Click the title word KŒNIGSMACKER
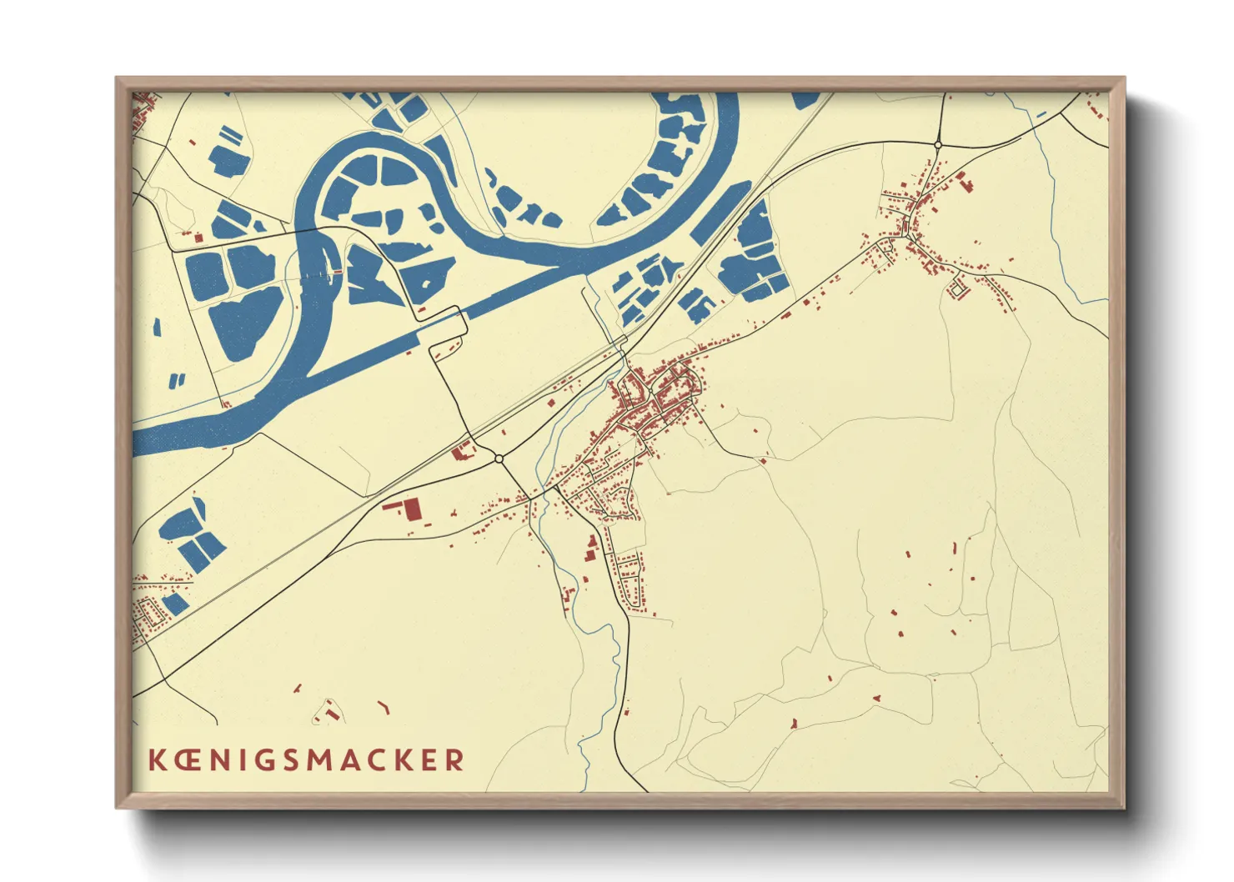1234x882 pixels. coord(306,759)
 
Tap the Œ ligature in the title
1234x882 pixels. coord(187,759)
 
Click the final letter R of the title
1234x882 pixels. coord(454,759)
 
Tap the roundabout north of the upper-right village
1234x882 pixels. coord(938,145)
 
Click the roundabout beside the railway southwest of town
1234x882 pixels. coord(499,459)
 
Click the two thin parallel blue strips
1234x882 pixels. coord(231,134)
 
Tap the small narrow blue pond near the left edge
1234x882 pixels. coord(156,327)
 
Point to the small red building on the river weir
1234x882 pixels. coord(338,272)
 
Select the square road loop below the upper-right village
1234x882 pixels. coord(957,289)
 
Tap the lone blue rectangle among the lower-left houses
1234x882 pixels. coord(175,603)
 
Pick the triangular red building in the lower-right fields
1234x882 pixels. coord(794,723)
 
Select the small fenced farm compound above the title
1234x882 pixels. coord(328,711)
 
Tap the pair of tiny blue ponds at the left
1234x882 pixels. coord(178,381)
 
